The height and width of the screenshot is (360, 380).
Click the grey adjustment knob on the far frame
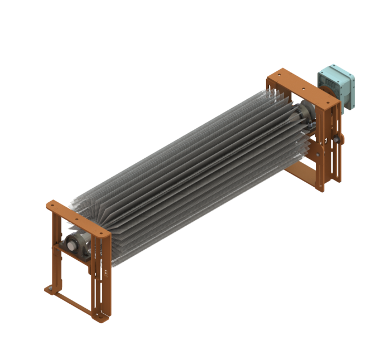[338, 138]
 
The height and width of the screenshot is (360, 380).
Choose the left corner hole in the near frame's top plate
[53, 206]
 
